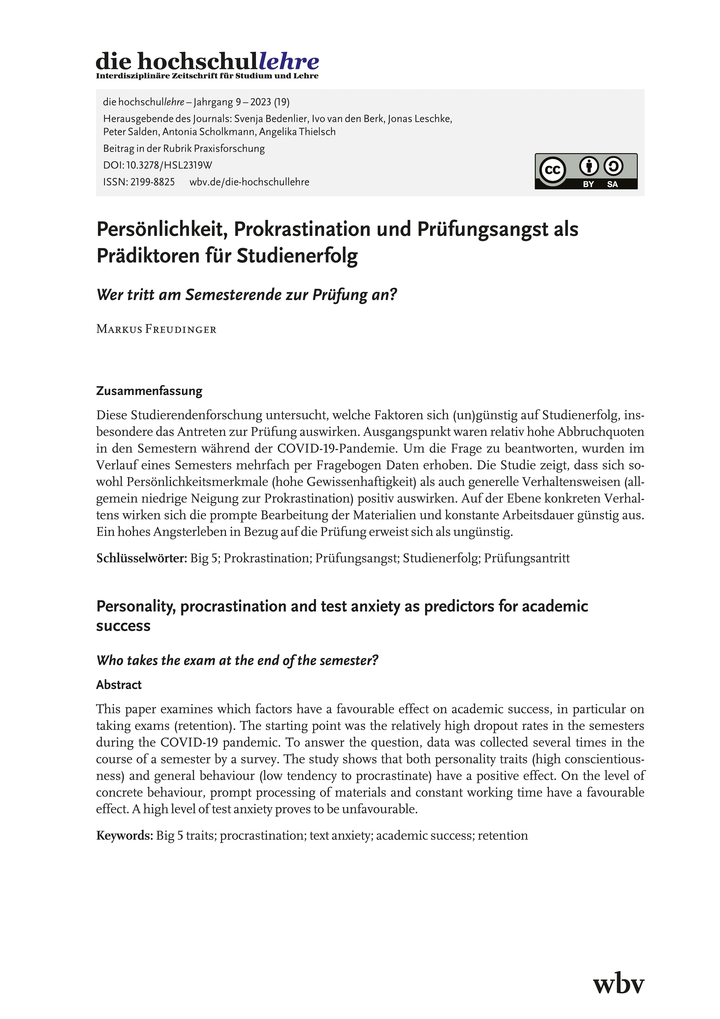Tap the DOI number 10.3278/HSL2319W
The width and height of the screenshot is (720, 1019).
pos(169,165)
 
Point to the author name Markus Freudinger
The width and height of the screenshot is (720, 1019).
pos(156,329)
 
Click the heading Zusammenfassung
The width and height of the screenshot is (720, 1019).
pos(149,391)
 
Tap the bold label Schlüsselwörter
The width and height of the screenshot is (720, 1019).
pos(141,558)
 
